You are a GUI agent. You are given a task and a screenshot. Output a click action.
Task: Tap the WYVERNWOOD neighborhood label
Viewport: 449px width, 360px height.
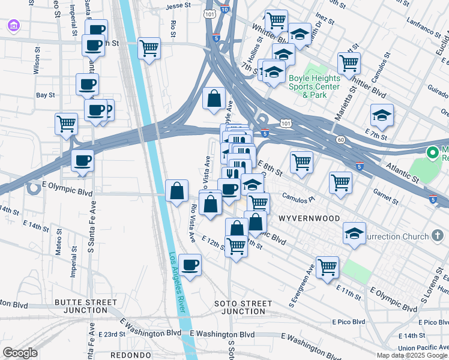tap(309, 218)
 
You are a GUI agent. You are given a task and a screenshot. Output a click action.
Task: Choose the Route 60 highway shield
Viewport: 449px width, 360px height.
tap(340, 139)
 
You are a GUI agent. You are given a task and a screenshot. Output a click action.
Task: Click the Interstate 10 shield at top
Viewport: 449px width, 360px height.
tap(224, 10)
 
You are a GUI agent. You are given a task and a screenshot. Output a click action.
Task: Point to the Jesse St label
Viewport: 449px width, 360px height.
tap(178, 7)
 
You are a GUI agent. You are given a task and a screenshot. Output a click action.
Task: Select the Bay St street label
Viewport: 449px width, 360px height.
tap(45, 95)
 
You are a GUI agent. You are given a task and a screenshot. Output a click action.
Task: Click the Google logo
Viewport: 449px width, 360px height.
tap(20, 353)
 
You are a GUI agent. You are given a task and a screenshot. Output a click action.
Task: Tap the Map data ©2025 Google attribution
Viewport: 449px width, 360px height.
tap(412, 355)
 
